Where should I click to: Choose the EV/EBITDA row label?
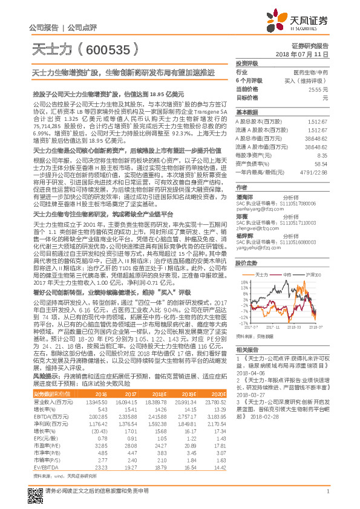43,484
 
